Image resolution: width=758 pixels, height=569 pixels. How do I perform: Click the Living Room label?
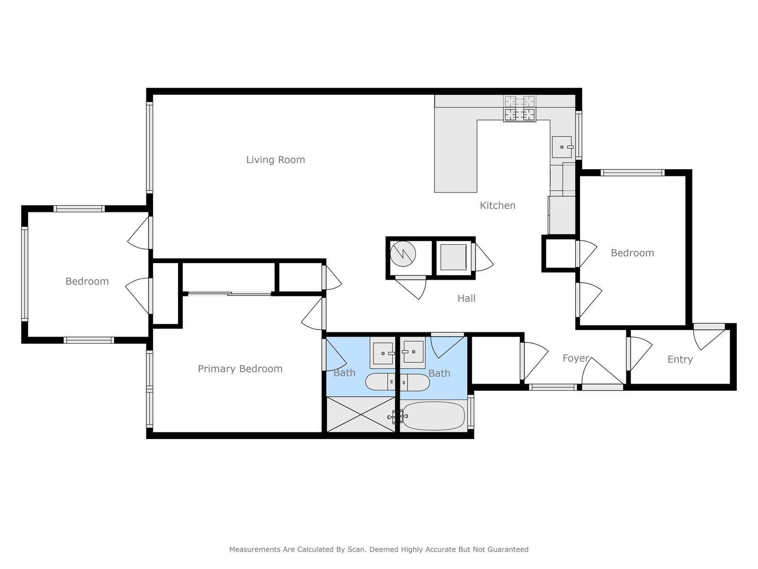pyautogui.click(x=275, y=160)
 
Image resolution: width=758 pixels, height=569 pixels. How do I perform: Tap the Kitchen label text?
pyautogui.click(x=497, y=206)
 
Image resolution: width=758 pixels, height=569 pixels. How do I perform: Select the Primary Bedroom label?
pyautogui.click(x=240, y=369)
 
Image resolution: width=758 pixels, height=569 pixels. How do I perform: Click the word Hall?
pyautogui.click(x=466, y=298)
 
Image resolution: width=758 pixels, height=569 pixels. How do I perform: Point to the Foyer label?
pyautogui.click(x=576, y=358)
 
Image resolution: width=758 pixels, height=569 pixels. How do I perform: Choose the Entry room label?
pyautogui.click(x=680, y=359)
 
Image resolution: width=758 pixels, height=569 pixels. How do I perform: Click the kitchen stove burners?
pyautogui.click(x=519, y=108)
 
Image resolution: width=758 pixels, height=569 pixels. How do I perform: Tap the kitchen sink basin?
pyautogui.click(x=562, y=147)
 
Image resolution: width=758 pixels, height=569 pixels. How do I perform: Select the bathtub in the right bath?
pyautogui.click(x=434, y=416)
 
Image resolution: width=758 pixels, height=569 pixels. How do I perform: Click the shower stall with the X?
pyautogui.click(x=361, y=414)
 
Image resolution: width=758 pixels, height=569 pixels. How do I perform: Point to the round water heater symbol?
pyautogui.click(x=403, y=254)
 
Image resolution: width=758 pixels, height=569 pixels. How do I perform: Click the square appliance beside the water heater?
pyautogui.click(x=453, y=257)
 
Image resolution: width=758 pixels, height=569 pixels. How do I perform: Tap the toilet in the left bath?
pyautogui.click(x=380, y=382)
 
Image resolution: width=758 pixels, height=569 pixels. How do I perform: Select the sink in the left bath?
pyautogui.click(x=383, y=353)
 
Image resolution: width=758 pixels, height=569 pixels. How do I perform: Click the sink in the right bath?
pyautogui.click(x=414, y=352)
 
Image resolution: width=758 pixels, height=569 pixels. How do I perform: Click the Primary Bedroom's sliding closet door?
pyautogui.click(x=229, y=294)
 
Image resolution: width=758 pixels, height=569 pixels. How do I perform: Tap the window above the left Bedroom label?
pyautogui.click(x=79, y=209)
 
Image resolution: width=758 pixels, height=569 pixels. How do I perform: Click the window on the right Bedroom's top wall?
pyautogui.click(x=632, y=173)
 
